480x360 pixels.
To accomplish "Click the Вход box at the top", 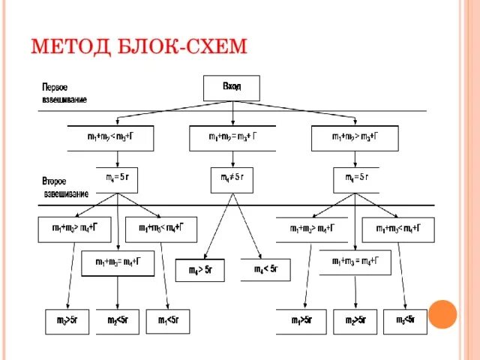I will coord(232,88).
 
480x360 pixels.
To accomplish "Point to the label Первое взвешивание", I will coord(64,92).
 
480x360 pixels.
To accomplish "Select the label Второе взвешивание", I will coord(65,187).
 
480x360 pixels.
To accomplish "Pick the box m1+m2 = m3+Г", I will coord(232,137).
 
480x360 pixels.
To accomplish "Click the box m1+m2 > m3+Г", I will coord(355,137).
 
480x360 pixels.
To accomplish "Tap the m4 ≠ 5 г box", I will coord(232,178).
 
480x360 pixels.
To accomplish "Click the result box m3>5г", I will coord(67,321).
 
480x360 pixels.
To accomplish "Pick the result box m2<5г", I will coord(117,321).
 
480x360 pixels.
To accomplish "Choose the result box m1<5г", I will coord(168,321).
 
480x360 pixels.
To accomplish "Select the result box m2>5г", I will coord(355,321).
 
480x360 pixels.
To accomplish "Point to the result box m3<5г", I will coord(405,321).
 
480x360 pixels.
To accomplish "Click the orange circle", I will coord(443,313).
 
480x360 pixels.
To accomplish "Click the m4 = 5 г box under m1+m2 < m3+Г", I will coord(121,178).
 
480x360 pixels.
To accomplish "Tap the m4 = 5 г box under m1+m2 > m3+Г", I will coord(355,178).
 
